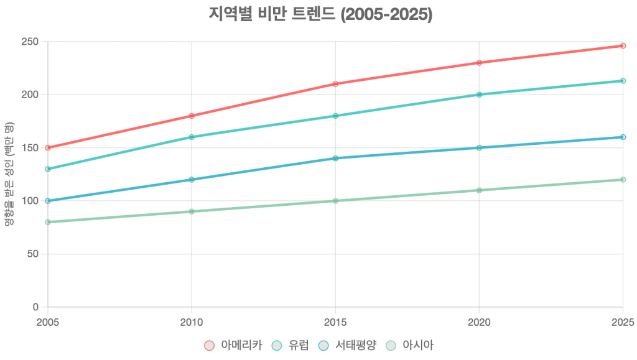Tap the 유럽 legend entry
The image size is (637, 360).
point(291,345)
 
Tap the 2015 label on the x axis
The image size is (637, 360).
point(335,322)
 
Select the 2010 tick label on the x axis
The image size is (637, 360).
point(192,322)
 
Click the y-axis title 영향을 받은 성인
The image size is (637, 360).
point(8,175)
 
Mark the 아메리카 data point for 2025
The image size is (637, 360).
point(623,46)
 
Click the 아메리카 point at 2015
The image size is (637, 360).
point(335,84)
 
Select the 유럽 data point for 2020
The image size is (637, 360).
point(479,95)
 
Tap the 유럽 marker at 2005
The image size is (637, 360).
point(48,169)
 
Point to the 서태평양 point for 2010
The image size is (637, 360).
point(192,180)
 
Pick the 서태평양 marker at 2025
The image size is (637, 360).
point(623,137)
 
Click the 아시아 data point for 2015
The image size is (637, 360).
point(335,201)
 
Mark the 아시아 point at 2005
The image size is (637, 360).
point(48,222)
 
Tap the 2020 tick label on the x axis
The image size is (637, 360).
point(479,322)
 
